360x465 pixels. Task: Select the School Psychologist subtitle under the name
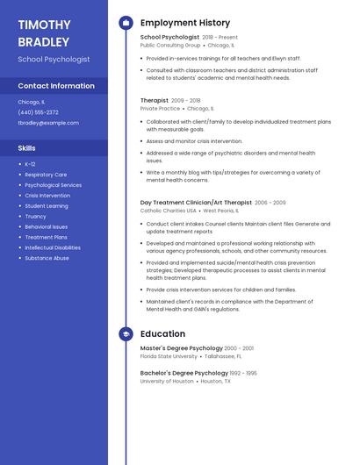[54, 60]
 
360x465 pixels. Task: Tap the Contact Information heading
[56, 86]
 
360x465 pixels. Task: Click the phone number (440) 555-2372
[38, 112]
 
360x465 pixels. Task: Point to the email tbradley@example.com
[48, 123]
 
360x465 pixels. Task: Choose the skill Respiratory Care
[46, 175]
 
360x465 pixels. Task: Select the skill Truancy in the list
[35, 217]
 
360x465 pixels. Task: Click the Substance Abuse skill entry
[47, 258]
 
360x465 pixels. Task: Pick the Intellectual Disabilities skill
[53, 247]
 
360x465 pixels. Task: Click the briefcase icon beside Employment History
[126, 23]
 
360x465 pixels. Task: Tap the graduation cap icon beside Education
[126, 334]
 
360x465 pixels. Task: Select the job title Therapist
[154, 101]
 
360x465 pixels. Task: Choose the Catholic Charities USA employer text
[169, 211]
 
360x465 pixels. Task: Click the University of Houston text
[167, 382]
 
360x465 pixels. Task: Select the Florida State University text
[169, 357]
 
